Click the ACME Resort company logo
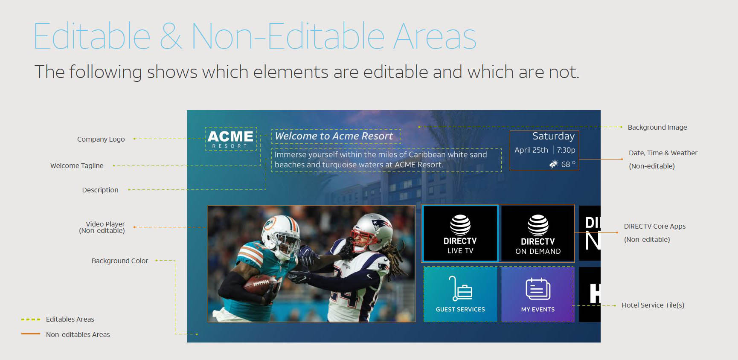pos(230,139)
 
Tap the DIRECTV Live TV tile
pos(460,233)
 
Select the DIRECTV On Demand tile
pos(538,233)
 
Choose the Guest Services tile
pos(460,294)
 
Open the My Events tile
pos(538,294)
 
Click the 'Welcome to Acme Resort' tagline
pos(334,136)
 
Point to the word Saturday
pos(553,136)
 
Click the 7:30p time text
pos(566,150)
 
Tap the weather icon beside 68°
pos(554,164)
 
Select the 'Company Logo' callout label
pos(101,139)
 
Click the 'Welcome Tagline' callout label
pos(77,165)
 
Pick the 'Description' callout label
pos(100,190)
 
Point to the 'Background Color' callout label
pos(120,261)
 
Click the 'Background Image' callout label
pos(657,127)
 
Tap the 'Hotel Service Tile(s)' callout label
pos(653,305)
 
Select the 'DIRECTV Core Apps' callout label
pos(655,226)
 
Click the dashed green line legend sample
pos(31,319)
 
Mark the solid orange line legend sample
pos(31,334)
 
